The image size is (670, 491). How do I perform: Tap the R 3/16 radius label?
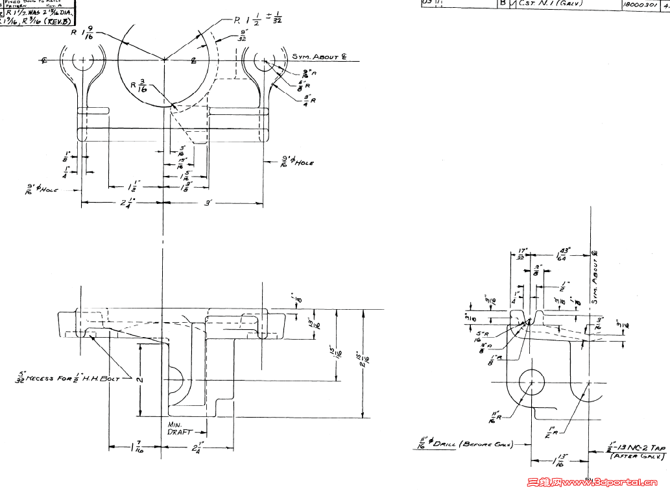click(x=138, y=86)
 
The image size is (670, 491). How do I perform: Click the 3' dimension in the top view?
click(x=208, y=203)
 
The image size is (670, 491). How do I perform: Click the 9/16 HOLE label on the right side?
click(x=297, y=161)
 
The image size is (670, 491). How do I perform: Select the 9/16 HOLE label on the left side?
click(x=43, y=190)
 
